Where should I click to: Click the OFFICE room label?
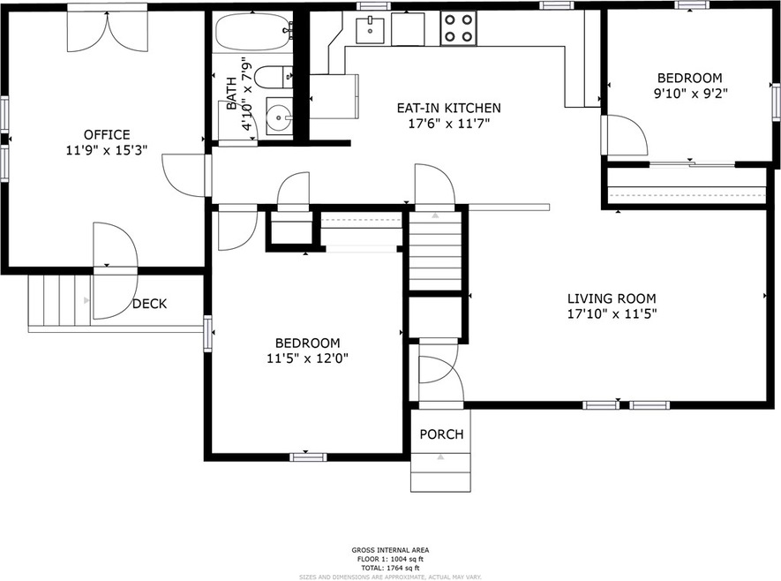107,134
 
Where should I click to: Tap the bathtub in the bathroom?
252,35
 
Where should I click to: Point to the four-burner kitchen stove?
458,27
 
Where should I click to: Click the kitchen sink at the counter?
371,29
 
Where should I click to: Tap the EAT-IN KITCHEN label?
448,108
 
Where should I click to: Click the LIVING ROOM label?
612,298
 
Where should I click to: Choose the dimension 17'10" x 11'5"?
612,313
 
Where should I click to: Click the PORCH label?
441,434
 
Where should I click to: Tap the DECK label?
149,304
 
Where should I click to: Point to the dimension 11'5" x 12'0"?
307,358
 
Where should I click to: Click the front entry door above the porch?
438,369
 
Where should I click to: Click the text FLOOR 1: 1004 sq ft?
390,559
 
